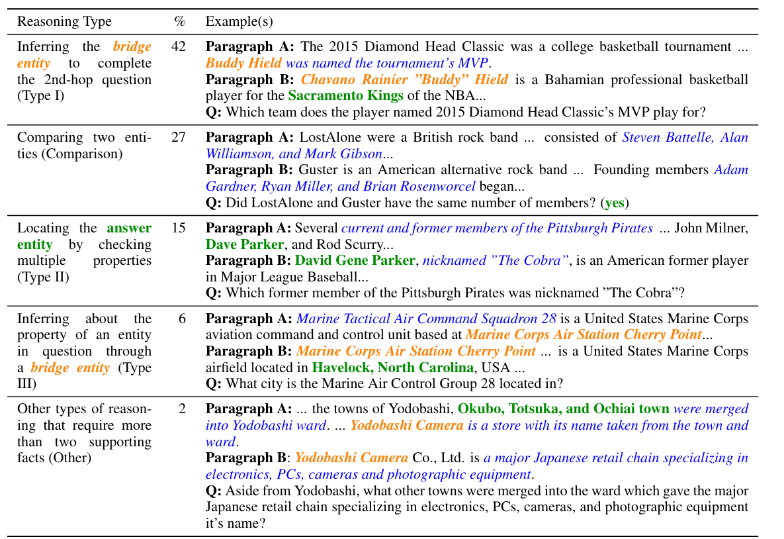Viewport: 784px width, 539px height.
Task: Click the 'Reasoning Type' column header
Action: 64,22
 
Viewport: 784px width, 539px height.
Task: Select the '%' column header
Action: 179,22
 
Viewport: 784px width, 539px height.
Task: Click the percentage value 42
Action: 179,47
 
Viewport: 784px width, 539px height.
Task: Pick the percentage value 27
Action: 179,138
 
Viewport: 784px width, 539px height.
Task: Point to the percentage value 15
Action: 179,228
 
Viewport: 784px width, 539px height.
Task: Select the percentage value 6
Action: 182,318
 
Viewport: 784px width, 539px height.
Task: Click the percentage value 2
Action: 182,409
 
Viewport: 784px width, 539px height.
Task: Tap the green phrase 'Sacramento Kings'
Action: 345,95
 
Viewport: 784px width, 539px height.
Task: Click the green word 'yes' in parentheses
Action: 615,203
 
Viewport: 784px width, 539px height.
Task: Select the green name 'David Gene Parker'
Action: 355,261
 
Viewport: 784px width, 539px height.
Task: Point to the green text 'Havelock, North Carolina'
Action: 393,367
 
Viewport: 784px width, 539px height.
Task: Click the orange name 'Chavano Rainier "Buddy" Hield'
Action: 404,79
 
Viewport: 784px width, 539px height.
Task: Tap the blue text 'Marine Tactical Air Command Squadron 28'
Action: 426,318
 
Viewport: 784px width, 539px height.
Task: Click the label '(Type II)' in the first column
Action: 44,277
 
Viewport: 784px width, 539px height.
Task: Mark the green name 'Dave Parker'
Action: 244,244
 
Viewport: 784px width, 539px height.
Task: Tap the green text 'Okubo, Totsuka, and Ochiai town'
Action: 563,409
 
